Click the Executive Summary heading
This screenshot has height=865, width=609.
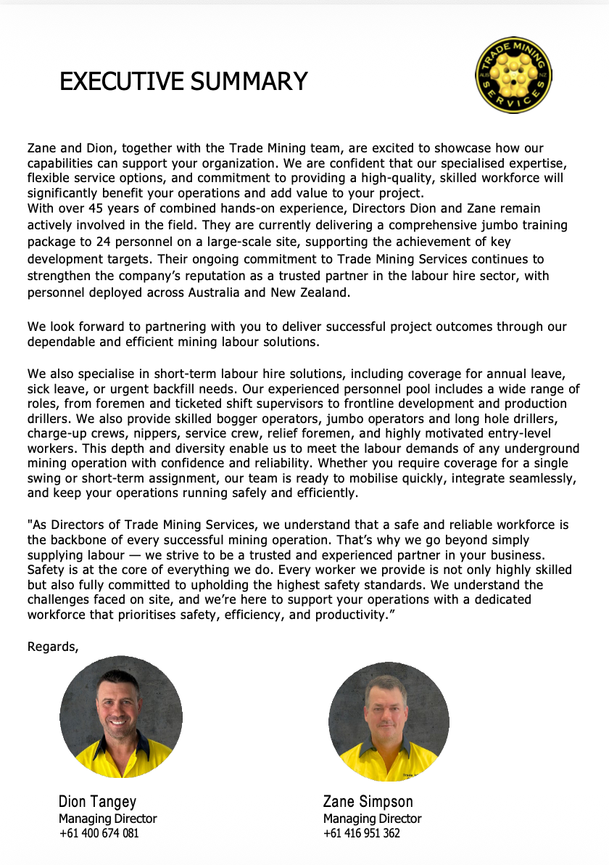click(183, 81)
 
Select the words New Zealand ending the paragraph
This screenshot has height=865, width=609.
click(318, 293)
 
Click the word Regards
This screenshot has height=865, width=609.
click(52, 646)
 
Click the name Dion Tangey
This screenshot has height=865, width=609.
click(97, 802)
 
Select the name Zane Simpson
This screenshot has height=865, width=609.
click(368, 802)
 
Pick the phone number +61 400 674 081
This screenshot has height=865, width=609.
click(99, 833)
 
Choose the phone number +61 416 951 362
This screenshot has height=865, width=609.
click(361, 833)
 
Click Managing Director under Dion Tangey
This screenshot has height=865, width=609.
click(107, 819)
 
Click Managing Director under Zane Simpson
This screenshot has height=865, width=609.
click(372, 819)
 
